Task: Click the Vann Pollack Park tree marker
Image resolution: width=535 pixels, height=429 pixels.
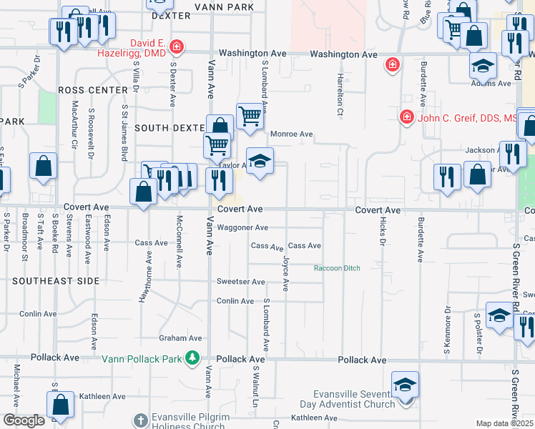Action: [x=192, y=357]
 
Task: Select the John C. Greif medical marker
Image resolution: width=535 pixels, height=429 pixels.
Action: [x=406, y=116]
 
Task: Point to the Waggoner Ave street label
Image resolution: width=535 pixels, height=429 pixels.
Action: [x=242, y=228]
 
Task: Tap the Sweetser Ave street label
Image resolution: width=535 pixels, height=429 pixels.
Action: [x=241, y=282]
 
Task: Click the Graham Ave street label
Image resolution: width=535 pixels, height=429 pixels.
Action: [x=181, y=338]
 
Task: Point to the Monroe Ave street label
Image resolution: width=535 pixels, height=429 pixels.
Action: [x=291, y=134]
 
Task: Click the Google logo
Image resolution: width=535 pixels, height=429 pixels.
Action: [x=23, y=420]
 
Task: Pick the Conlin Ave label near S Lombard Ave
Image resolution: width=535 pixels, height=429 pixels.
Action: [x=235, y=301]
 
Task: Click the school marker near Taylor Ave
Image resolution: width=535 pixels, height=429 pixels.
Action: [x=260, y=160]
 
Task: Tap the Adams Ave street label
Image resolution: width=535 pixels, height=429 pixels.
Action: [x=491, y=84]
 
